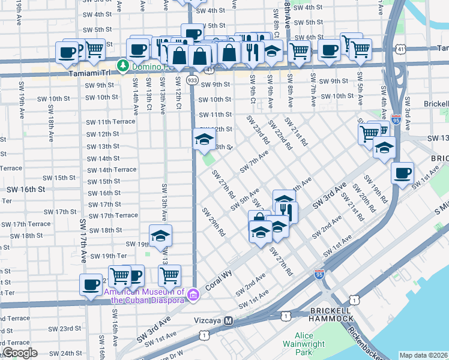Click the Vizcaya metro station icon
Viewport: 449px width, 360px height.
228,321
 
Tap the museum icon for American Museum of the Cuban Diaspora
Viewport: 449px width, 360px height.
193,294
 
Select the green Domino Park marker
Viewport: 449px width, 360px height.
123,64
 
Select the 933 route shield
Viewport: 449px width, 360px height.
193,80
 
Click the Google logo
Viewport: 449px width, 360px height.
20,352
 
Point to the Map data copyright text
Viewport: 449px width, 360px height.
423,355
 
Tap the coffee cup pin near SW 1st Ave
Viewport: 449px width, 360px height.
402,173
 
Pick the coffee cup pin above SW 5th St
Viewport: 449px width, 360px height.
193,34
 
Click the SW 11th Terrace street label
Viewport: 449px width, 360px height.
110,122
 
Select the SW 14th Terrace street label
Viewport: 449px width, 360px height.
112,170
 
